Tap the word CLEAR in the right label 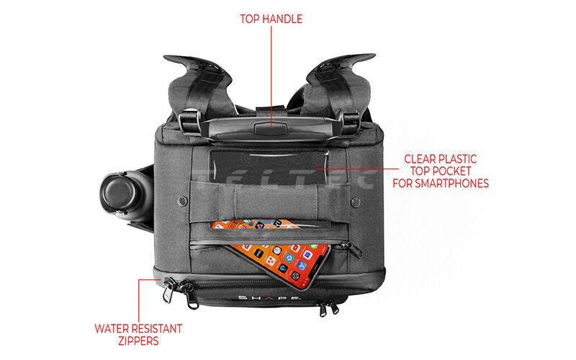click(x=420, y=158)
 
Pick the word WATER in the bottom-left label click(x=112, y=328)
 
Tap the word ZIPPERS click(x=138, y=341)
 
